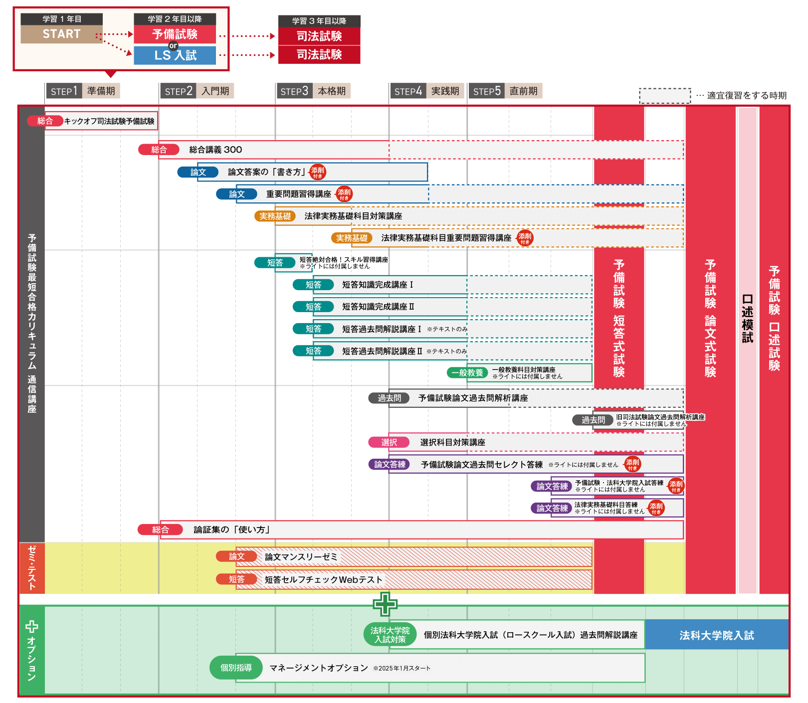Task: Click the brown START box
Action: tap(61, 34)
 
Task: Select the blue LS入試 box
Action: tap(175, 55)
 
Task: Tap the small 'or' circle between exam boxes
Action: tap(173, 45)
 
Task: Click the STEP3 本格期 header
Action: tap(313, 91)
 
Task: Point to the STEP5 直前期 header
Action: tap(505, 91)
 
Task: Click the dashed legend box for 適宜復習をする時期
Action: tap(665, 96)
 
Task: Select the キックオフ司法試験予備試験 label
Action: tap(109, 121)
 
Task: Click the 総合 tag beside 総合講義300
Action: tap(159, 150)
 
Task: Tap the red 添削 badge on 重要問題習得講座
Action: tap(344, 194)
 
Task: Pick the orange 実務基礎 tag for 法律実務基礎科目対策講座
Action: tap(275, 216)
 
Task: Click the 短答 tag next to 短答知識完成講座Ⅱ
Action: tap(313, 307)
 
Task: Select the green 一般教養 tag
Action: tap(467, 372)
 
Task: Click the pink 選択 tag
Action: tap(389, 442)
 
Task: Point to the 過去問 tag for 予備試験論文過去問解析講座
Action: tap(389, 398)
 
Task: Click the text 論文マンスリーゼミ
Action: tap(301, 557)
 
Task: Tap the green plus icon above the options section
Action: tap(385, 604)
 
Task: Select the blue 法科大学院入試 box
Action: tap(716, 635)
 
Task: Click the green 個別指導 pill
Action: tap(236, 668)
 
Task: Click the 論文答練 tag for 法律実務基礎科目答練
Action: tap(552, 508)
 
